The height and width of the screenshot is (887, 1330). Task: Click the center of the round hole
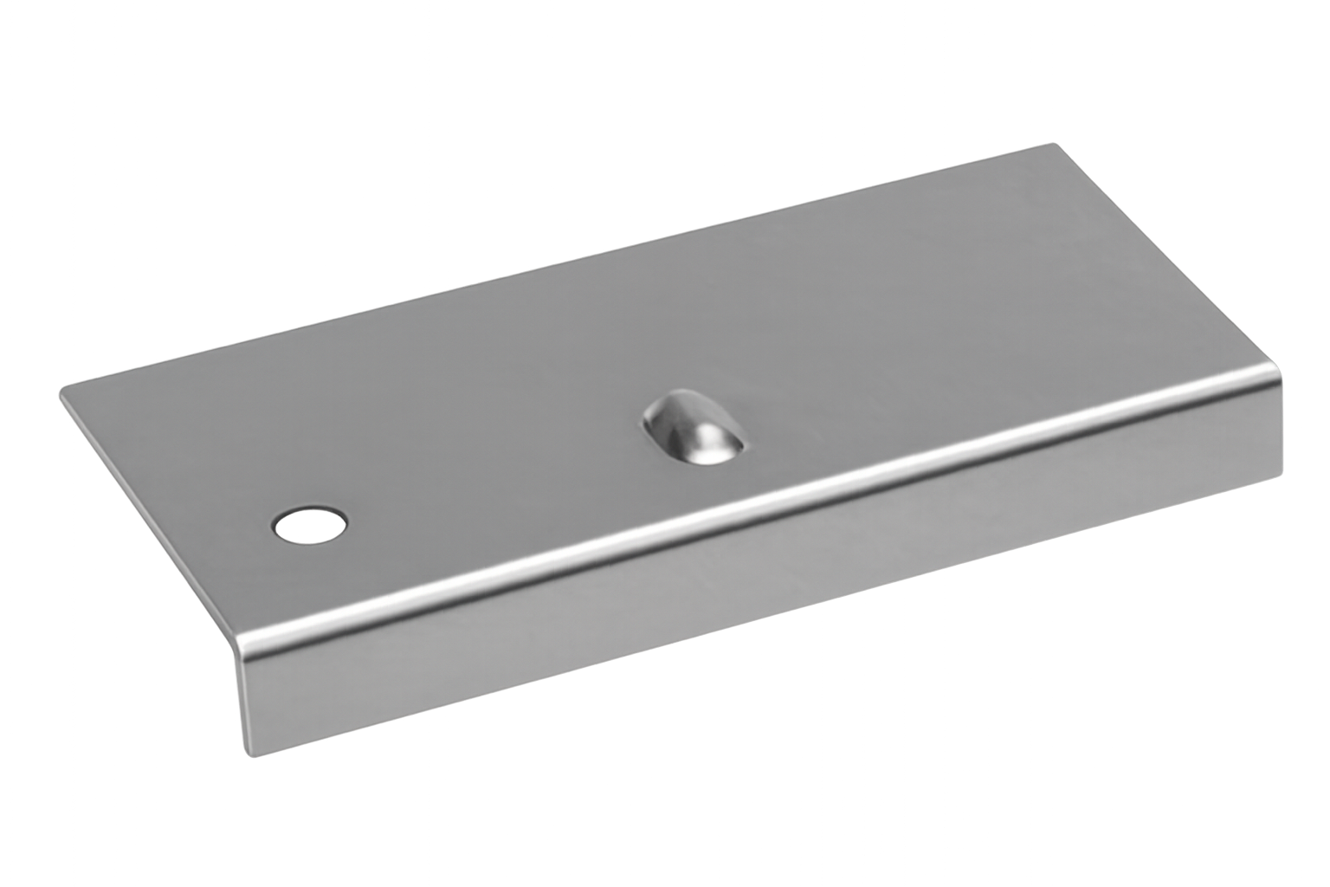309,524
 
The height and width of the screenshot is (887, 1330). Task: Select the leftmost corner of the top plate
60,397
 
